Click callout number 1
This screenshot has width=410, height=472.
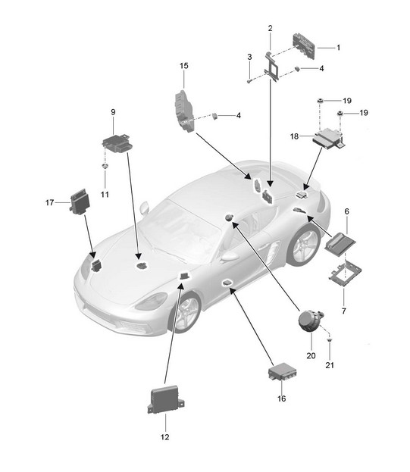click(338, 48)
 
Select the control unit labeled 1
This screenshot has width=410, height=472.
click(304, 47)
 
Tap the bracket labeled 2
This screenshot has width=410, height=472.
click(272, 67)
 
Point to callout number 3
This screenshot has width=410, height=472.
click(249, 57)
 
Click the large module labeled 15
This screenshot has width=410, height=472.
click(183, 111)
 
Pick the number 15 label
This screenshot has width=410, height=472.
click(184, 66)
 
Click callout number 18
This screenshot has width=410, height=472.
click(294, 136)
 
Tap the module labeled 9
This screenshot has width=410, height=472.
click(117, 144)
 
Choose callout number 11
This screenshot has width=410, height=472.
click(105, 195)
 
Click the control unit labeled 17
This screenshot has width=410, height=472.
click(80, 202)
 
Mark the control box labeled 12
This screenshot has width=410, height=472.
click(166, 399)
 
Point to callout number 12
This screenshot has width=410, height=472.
click(165, 437)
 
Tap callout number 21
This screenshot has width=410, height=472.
click(330, 365)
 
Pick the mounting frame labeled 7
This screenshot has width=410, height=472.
click(345, 272)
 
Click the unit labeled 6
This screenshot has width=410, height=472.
click(340, 243)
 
